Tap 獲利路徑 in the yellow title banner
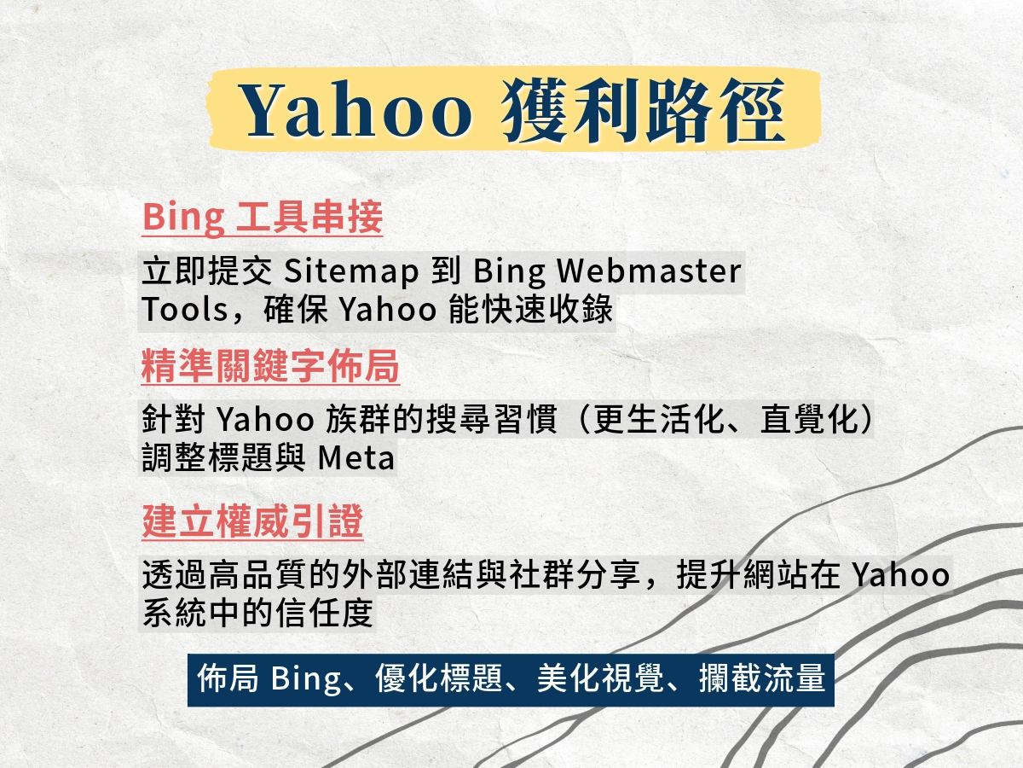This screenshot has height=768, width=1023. point(643,111)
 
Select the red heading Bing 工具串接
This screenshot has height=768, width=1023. point(263,217)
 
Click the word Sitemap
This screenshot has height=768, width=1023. point(351,271)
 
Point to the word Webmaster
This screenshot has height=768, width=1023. point(650,271)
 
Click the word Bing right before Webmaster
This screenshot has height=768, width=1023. point(509,271)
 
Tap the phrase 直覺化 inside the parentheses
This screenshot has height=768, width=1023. point(810,419)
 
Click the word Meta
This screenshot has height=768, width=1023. point(356,457)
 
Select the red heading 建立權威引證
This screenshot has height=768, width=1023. point(252,521)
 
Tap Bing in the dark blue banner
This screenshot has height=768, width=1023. point(306,679)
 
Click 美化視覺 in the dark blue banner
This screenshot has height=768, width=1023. point(601,678)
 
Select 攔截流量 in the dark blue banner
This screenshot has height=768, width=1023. point(762,678)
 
